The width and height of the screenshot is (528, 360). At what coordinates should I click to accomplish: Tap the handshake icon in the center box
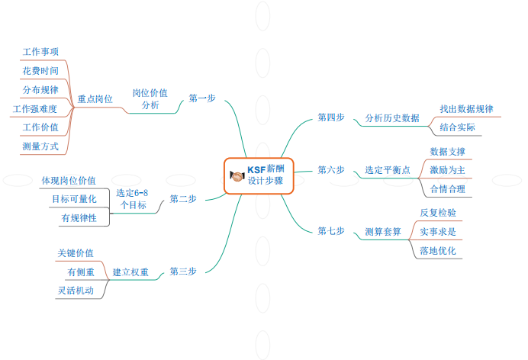click(x=237, y=176)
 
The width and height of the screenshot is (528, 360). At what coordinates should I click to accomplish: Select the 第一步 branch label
click(x=202, y=98)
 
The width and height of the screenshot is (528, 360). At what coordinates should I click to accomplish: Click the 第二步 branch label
click(x=183, y=199)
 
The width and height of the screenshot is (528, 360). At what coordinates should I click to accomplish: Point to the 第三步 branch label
click(x=183, y=272)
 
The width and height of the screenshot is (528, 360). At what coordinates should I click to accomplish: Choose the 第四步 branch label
click(x=331, y=117)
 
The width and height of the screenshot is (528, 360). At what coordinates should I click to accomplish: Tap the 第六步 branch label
click(x=331, y=170)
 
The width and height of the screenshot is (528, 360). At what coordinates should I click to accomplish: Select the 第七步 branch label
click(x=331, y=231)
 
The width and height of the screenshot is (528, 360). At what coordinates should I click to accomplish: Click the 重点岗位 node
click(x=95, y=99)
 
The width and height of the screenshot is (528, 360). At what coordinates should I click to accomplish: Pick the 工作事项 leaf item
click(x=41, y=51)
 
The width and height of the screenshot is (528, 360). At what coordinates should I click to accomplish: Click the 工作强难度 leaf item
click(x=40, y=109)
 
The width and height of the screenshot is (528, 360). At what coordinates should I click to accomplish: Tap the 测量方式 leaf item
click(x=41, y=146)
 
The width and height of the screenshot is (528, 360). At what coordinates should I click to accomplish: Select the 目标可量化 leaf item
click(x=74, y=199)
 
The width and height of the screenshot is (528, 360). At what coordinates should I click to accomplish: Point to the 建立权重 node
click(x=130, y=272)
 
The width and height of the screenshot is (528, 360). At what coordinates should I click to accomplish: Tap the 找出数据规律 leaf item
click(x=466, y=109)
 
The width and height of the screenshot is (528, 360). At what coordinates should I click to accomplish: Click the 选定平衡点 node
click(x=388, y=170)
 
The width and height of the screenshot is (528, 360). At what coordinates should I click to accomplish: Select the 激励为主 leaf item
click(x=447, y=170)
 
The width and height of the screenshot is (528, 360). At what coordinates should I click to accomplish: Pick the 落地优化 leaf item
click(x=438, y=250)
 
